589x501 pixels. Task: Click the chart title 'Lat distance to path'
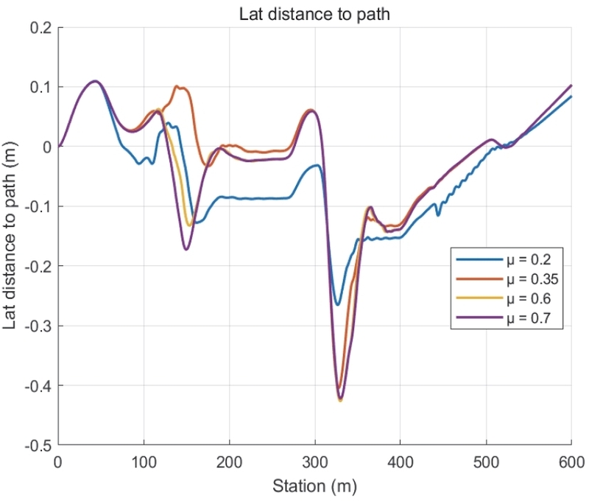[x=315, y=14]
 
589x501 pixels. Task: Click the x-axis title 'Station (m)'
[x=315, y=486]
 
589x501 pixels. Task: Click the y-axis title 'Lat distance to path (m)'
[x=13, y=237]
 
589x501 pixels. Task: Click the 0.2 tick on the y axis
[x=40, y=27]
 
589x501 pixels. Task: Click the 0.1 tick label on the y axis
[x=40, y=87]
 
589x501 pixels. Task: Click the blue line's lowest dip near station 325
[x=337, y=304]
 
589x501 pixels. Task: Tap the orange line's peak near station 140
[x=177, y=87]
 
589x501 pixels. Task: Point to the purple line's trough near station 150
[x=186, y=250]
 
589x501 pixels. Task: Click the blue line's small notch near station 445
[x=439, y=214]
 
